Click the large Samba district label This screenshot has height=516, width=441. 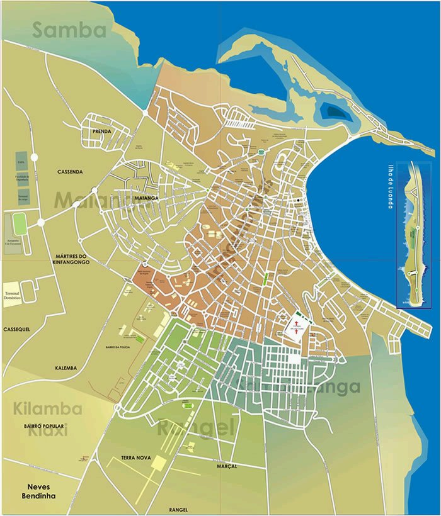[69, 30]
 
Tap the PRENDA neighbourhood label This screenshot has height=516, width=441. [101, 131]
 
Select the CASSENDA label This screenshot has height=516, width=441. [70, 172]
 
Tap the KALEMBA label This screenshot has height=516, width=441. [66, 367]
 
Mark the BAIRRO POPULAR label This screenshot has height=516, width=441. [45, 427]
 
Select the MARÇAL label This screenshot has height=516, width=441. [227, 466]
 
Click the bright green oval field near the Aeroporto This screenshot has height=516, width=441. [20, 223]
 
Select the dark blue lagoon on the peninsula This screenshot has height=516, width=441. [333, 112]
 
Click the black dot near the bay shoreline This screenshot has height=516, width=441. [299, 200]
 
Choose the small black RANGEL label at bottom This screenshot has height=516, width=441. [179, 509]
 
